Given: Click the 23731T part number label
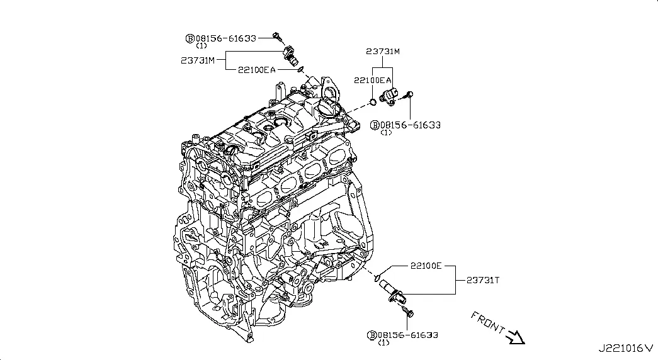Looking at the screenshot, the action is pyautogui.click(x=482, y=280).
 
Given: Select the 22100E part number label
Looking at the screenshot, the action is pyautogui.click(x=426, y=266).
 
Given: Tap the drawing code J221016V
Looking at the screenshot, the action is pyautogui.click(x=626, y=348).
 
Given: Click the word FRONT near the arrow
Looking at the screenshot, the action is pyautogui.click(x=487, y=322).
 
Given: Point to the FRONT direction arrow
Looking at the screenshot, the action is pyautogui.click(x=516, y=337).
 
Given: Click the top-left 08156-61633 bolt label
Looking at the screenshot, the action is pyautogui.click(x=226, y=38).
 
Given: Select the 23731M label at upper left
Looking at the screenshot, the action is pyautogui.click(x=198, y=60).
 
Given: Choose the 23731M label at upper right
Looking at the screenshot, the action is pyautogui.click(x=383, y=52).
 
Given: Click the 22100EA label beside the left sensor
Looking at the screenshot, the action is pyautogui.click(x=257, y=70).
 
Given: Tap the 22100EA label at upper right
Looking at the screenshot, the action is pyautogui.click(x=373, y=80).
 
